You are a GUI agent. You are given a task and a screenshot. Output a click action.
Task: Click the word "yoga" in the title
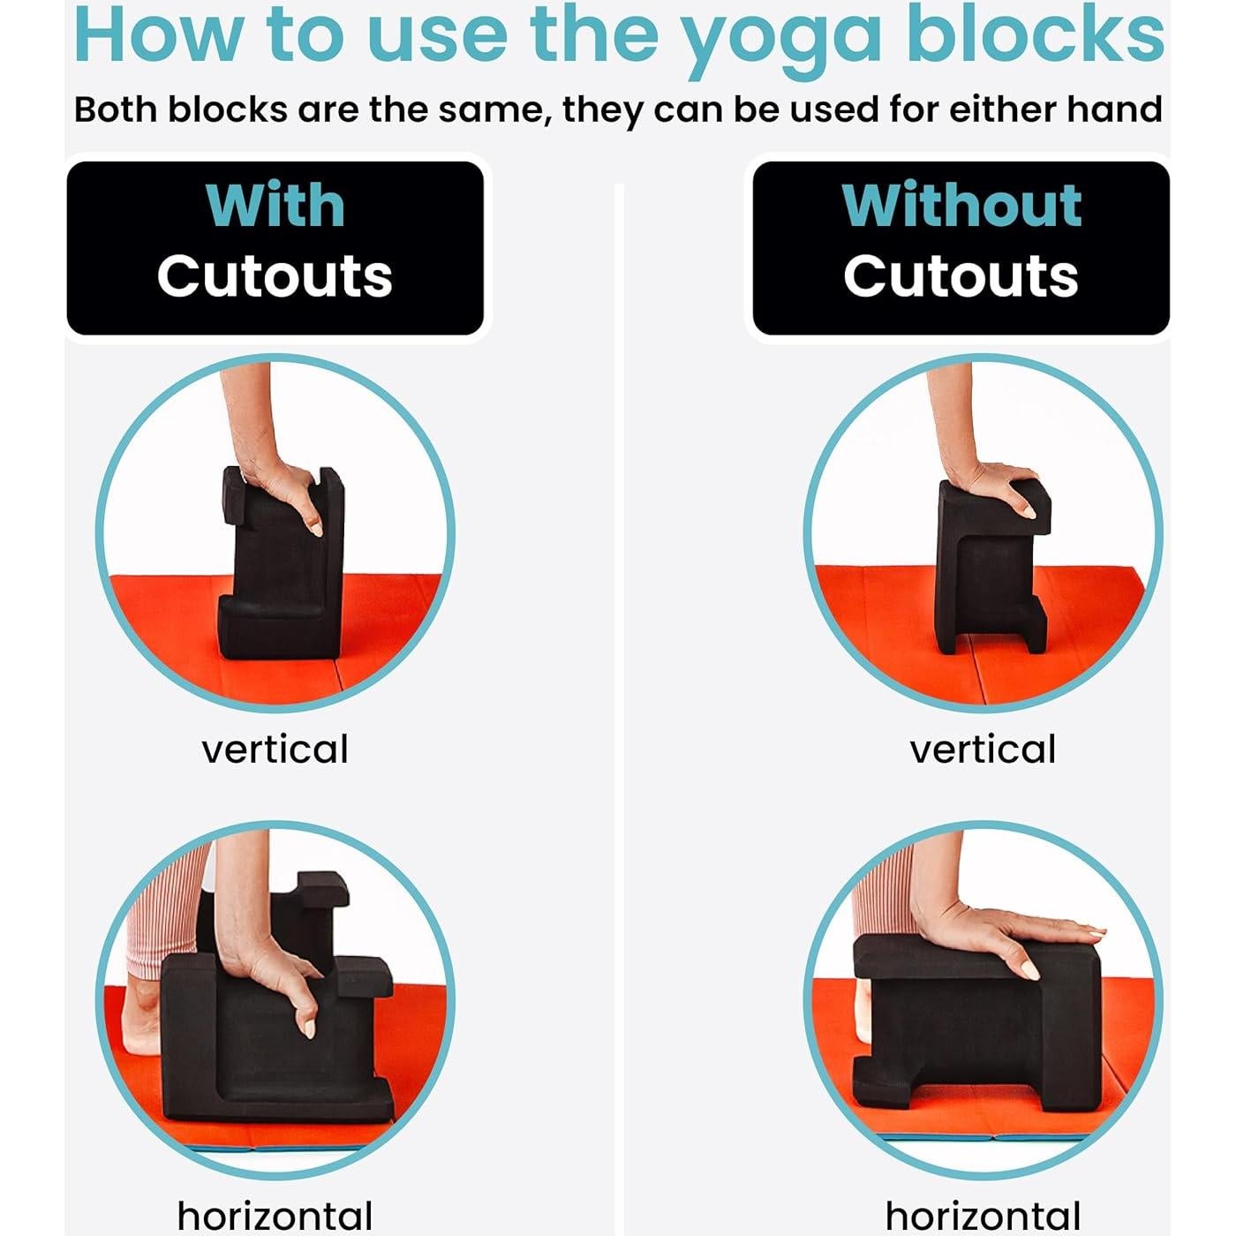click(x=781, y=37)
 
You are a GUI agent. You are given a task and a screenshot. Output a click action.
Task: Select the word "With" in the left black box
click(x=275, y=206)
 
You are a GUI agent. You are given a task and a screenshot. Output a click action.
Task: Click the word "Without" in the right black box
click(x=961, y=206)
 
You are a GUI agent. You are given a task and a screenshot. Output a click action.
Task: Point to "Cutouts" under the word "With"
click(x=275, y=275)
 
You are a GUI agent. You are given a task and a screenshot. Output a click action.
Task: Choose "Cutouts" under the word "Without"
click(x=961, y=275)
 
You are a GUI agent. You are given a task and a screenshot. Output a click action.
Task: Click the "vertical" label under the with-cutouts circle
click(x=275, y=750)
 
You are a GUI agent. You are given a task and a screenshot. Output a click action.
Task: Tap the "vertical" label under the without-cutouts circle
click(x=983, y=750)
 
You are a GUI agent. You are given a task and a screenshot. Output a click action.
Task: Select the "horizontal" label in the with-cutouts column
click(x=275, y=1216)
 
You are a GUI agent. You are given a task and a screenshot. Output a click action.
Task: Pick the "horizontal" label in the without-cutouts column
click(x=983, y=1216)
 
